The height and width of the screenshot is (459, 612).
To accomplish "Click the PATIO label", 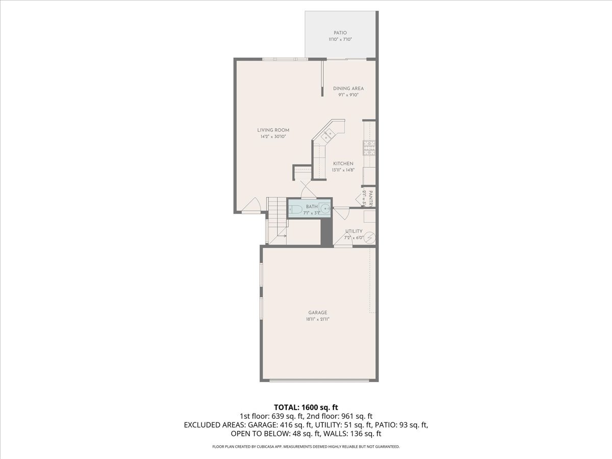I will [340, 33].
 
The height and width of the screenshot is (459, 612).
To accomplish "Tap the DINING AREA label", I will [348, 88].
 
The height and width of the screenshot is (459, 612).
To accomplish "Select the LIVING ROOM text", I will [273, 130].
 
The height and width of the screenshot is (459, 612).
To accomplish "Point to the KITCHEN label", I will [343, 164].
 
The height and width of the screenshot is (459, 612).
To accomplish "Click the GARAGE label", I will [317, 313].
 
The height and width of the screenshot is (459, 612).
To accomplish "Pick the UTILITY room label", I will [353, 231].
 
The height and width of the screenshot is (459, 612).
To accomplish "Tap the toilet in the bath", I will [296, 208].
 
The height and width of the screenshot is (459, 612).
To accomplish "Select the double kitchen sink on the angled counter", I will [327, 135].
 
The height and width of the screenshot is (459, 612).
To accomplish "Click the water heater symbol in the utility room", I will [370, 237].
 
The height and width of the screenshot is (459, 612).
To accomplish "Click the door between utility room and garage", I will [343, 242].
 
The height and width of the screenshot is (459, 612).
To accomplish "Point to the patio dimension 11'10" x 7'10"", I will [340, 39].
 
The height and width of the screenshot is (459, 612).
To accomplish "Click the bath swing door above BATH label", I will [308, 192].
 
